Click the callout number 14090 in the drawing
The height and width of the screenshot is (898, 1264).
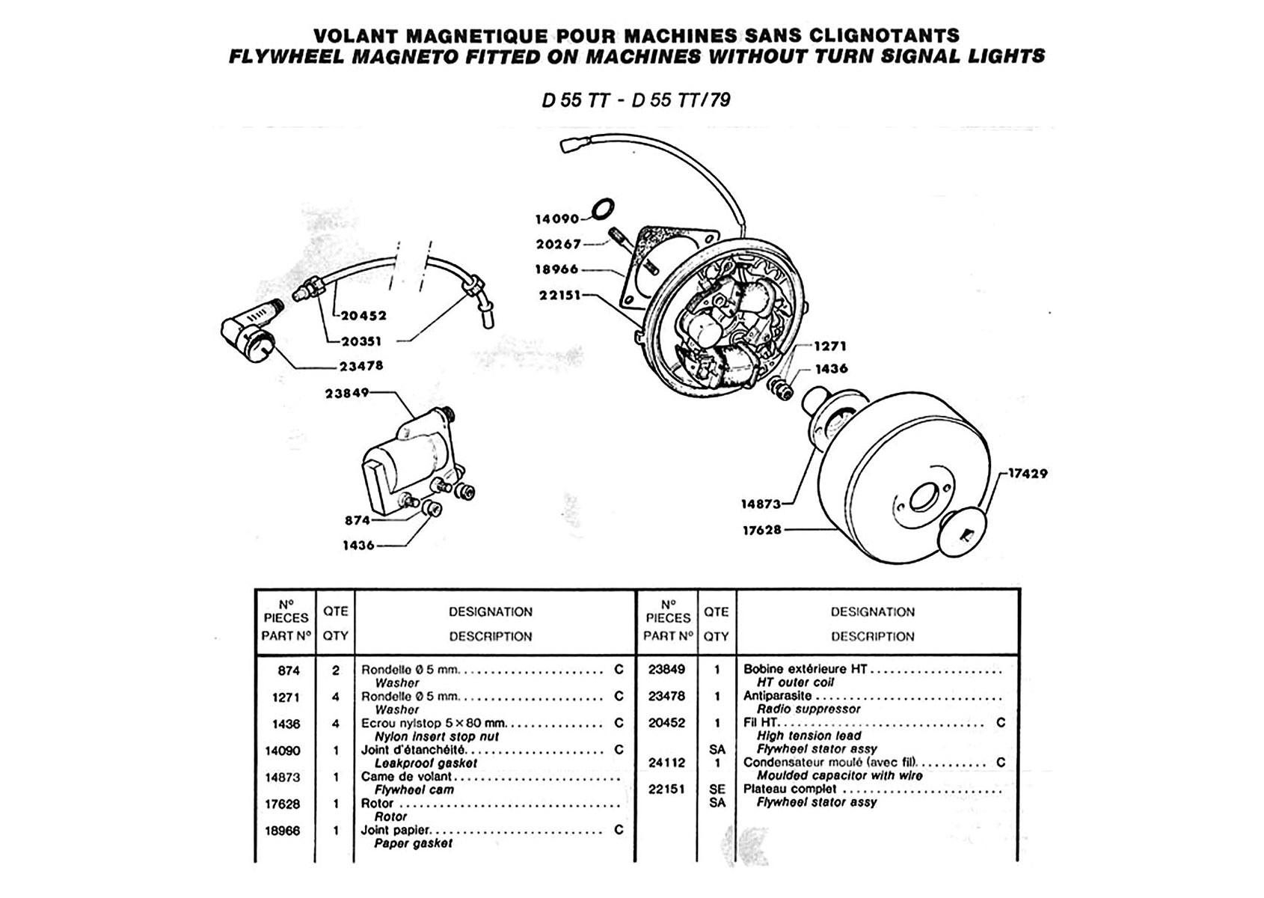click(557, 219)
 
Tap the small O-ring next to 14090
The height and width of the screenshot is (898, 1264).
click(604, 208)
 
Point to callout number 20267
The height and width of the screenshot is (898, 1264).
click(559, 244)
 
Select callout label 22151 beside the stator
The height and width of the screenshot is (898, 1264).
click(559, 295)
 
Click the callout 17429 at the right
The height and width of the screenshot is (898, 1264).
click(1028, 474)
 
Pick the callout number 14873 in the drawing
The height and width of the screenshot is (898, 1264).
click(761, 504)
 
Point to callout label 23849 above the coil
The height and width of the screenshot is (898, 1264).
click(347, 393)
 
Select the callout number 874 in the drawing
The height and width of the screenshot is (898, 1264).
click(358, 520)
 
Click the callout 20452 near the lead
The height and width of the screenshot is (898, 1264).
click(364, 316)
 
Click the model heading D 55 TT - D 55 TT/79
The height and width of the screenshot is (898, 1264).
click(636, 100)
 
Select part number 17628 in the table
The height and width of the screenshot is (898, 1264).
click(283, 804)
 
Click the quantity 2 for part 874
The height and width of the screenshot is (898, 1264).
click(336, 671)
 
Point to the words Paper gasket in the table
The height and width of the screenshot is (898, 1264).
click(414, 843)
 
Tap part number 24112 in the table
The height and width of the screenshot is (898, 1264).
click(666, 763)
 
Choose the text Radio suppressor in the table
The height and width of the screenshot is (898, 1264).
click(809, 709)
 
